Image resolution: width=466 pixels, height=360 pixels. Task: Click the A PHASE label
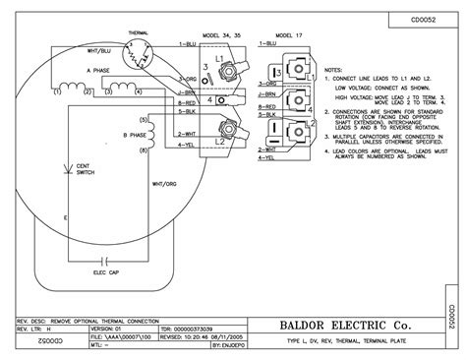coord(98,71)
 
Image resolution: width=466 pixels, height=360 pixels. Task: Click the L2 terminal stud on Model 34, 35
coord(231,128)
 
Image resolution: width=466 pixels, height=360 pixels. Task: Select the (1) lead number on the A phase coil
coord(58,90)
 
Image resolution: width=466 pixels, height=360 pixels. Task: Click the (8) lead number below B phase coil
coord(146,150)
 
